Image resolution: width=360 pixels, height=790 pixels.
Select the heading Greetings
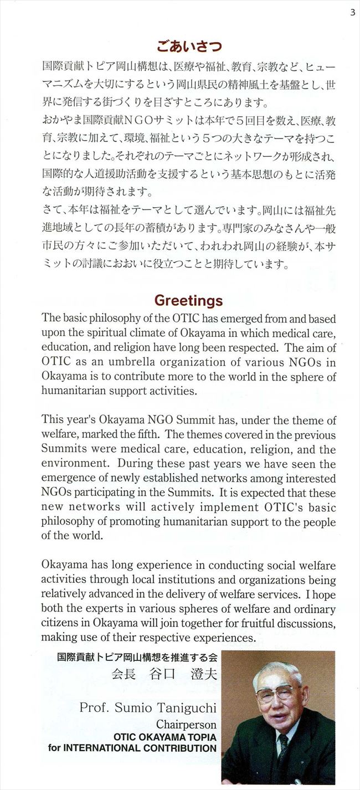[x=188, y=300]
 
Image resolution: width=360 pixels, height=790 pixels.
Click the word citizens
[x=59, y=622]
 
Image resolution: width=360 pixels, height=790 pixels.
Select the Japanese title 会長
[x=124, y=675]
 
